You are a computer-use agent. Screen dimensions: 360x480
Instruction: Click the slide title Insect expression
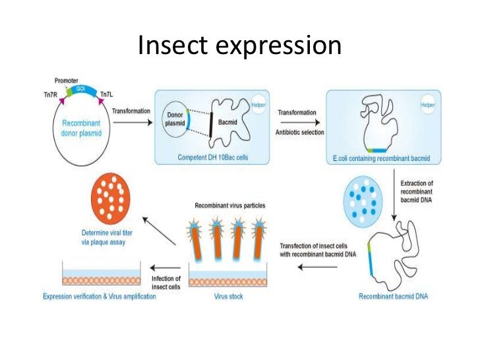240,45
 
